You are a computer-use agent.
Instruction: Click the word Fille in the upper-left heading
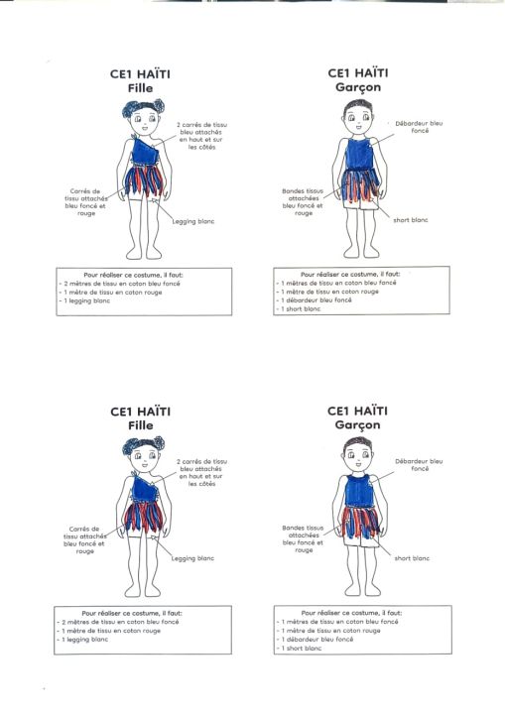tap(140, 88)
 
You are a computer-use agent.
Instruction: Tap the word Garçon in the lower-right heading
tap(357, 425)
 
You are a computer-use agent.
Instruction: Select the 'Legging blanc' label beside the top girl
tap(193, 221)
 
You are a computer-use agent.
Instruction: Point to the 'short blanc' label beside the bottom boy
tap(412, 558)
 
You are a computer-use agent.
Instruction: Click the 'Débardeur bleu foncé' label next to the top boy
tap(419, 127)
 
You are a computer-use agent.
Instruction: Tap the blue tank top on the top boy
tap(360, 154)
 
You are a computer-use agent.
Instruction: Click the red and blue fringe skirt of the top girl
tap(144, 180)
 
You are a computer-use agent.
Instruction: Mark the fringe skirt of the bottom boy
tap(360, 522)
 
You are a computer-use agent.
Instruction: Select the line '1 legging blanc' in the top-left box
tap(87, 301)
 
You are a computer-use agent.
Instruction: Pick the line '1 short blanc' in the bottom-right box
tap(301, 648)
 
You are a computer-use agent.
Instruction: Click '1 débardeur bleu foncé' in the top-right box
tap(315, 300)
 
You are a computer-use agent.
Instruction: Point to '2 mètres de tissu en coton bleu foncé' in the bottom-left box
tap(118, 622)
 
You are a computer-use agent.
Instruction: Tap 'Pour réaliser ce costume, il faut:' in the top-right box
tap(350, 274)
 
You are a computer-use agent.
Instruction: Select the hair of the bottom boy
tap(358, 442)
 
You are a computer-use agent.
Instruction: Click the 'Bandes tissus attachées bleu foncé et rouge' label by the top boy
tap(303, 202)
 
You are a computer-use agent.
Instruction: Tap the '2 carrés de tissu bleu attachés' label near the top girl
tap(202, 136)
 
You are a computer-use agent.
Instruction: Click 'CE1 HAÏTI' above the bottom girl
tap(140, 412)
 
